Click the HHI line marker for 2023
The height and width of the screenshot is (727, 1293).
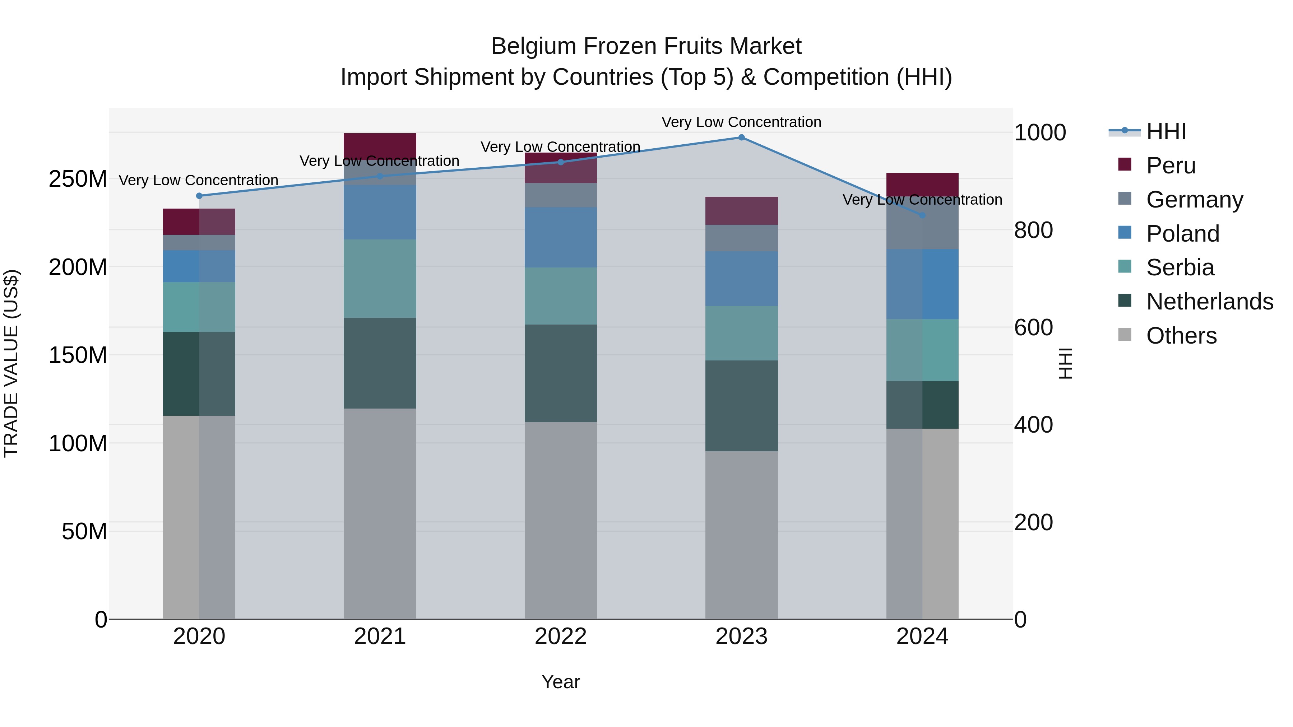[x=741, y=138]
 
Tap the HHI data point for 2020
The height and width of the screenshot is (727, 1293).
[x=199, y=196]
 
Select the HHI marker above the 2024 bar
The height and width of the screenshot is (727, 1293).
[x=922, y=215]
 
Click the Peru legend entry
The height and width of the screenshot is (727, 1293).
[x=1171, y=166]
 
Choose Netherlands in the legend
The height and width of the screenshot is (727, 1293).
[x=1209, y=302]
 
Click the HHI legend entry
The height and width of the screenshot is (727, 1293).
[x=1165, y=131]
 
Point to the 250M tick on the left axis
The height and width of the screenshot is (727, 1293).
[x=78, y=179]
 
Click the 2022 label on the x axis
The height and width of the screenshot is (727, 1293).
[x=561, y=637]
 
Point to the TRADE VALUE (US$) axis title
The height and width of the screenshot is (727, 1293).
[x=11, y=363]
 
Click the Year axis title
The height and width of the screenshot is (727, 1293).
[x=561, y=682]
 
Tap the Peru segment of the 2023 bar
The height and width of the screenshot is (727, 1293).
[x=741, y=211]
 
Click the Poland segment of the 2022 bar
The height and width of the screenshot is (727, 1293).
[x=561, y=237]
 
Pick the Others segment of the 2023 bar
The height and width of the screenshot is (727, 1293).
[x=741, y=535]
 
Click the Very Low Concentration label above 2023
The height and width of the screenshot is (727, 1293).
[x=741, y=122]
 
